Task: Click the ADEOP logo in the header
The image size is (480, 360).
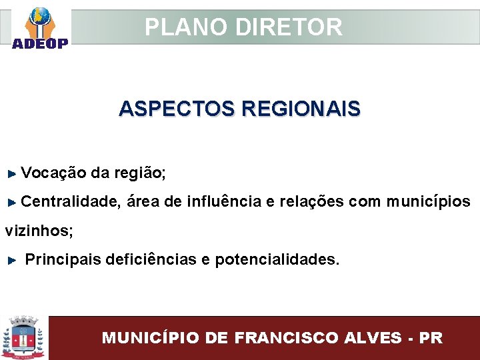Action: click(x=39, y=28)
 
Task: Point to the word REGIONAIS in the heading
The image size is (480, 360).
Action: click(x=301, y=108)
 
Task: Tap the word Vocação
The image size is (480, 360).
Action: click(x=53, y=173)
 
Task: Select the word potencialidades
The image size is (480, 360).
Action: click(x=276, y=259)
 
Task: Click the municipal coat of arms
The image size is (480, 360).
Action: click(x=24, y=337)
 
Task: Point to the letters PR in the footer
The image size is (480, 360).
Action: click(x=431, y=337)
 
